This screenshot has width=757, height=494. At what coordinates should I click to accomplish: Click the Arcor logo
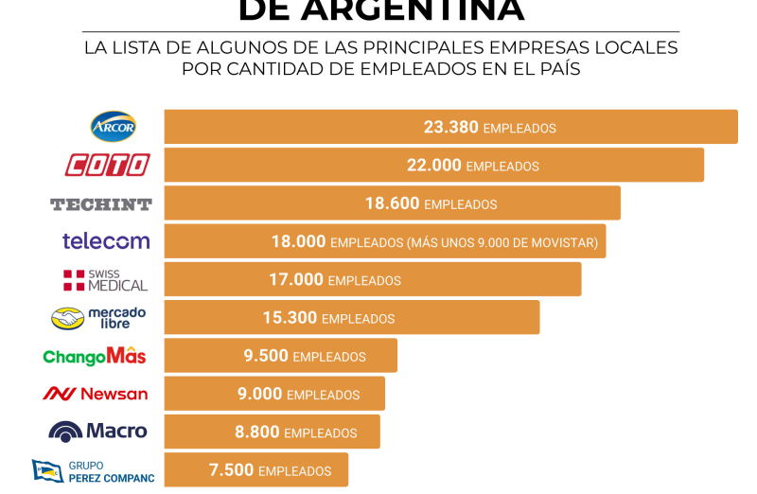pyautogui.click(x=114, y=127)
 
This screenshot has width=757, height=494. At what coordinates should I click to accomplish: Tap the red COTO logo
pyautogui.click(x=107, y=165)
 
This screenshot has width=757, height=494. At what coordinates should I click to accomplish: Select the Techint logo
pyautogui.click(x=101, y=203)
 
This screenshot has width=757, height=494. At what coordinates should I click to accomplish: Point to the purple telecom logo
pyautogui.click(x=106, y=241)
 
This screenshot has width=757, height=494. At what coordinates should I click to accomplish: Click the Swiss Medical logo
pyautogui.click(x=106, y=279)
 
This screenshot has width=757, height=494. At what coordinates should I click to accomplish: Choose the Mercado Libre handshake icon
pyautogui.click(x=67, y=318)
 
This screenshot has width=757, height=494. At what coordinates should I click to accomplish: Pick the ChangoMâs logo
pyautogui.click(x=95, y=356)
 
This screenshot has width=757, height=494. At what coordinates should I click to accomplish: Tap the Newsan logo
pyautogui.click(x=96, y=394)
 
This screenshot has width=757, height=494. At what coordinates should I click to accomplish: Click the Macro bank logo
pyautogui.click(x=98, y=432)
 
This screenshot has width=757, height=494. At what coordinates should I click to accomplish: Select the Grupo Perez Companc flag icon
pyautogui.click(x=46, y=470)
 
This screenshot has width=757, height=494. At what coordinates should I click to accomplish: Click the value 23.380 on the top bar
pyautogui.click(x=451, y=127)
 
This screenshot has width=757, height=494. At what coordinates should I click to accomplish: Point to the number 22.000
pyautogui.click(x=434, y=165)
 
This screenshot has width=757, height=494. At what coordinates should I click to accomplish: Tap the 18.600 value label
pyautogui.click(x=392, y=203)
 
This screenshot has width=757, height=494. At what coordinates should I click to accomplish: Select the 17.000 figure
pyautogui.click(x=296, y=280)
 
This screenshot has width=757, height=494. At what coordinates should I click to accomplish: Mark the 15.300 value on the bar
pyautogui.click(x=290, y=318)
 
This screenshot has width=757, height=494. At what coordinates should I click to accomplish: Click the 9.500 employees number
pyautogui.click(x=266, y=357)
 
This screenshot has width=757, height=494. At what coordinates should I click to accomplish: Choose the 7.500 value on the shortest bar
pyautogui.click(x=231, y=470)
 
